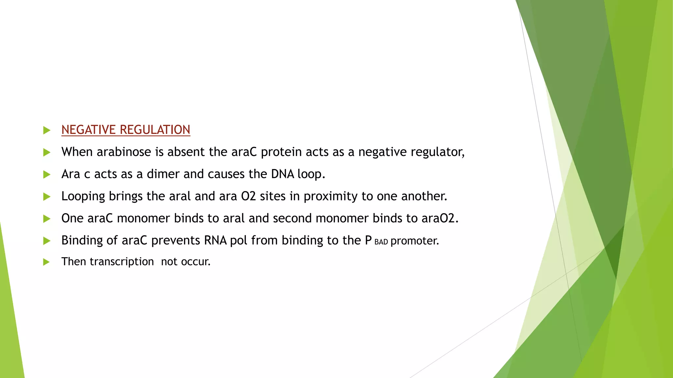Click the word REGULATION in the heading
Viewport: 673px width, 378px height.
pyautogui.click(x=155, y=130)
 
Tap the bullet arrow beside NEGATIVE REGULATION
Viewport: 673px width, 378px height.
pyautogui.click(x=47, y=130)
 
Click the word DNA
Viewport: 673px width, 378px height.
pyautogui.click(x=282, y=174)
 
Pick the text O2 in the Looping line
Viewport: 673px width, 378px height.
pyautogui.click(x=248, y=196)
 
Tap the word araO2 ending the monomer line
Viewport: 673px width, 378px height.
pyautogui.click(x=440, y=218)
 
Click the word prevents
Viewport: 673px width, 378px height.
pyautogui.click(x=175, y=241)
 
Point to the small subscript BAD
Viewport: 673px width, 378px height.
pyautogui.click(x=381, y=242)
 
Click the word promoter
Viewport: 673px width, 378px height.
pyautogui.click(x=414, y=241)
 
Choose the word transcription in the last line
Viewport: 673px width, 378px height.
pyautogui.click(x=122, y=262)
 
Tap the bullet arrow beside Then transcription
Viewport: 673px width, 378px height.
pyautogui.click(x=46, y=262)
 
